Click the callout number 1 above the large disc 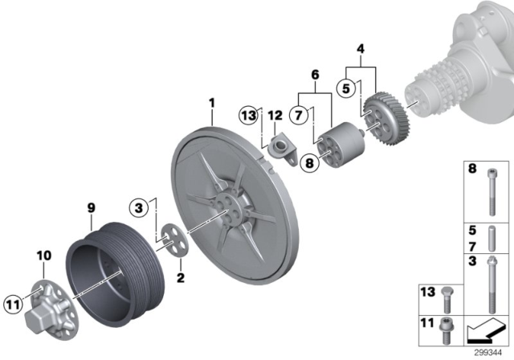pos(212,103)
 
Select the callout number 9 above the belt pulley pos(91,207)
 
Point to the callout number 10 pos(42,256)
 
